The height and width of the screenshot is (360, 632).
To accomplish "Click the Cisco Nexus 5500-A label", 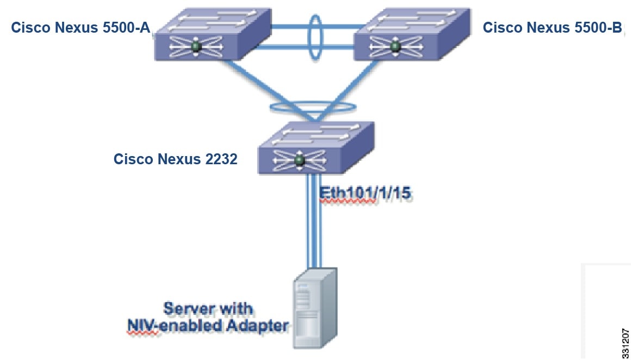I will coord(80,28).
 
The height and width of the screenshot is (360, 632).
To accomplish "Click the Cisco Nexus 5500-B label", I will coord(552,28).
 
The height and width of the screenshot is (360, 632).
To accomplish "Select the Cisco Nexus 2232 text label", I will coord(175,159).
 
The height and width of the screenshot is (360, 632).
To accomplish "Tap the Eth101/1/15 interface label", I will coord(364,195).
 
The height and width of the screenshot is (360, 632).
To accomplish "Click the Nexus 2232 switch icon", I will coord(315,148).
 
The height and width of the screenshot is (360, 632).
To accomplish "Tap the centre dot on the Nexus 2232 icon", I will coord(298,160).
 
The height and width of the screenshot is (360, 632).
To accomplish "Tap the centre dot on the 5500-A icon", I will coord(196,48).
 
